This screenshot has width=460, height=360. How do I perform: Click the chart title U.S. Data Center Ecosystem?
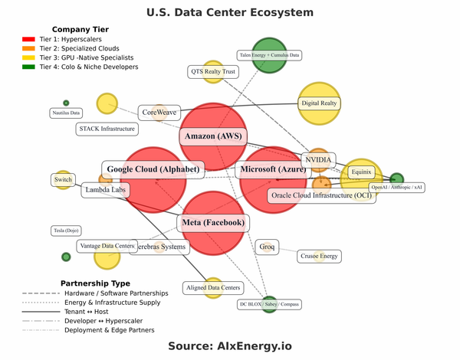tap(230, 13)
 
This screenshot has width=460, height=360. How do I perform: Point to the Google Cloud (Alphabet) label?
tap(153, 169)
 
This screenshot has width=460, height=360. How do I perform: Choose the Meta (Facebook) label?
tap(214, 223)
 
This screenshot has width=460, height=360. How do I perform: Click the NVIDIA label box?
tap(319, 160)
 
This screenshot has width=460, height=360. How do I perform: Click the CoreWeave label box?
tap(159, 113)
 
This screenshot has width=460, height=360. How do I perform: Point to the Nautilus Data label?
tap(66, 113)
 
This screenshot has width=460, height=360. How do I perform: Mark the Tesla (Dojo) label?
tap(66, 230)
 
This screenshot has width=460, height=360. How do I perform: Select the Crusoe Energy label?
tap(319, 256)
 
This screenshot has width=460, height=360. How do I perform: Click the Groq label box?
tap(267, 247)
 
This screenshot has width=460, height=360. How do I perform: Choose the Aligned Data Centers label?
tap(213, 288)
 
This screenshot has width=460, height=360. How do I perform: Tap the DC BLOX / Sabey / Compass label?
tap(268, 304)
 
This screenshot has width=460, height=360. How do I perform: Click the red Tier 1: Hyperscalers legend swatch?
tap(28, 39)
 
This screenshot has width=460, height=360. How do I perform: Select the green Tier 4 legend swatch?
tap(28, 67)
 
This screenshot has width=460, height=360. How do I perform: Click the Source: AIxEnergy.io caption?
tap(230, 346)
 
